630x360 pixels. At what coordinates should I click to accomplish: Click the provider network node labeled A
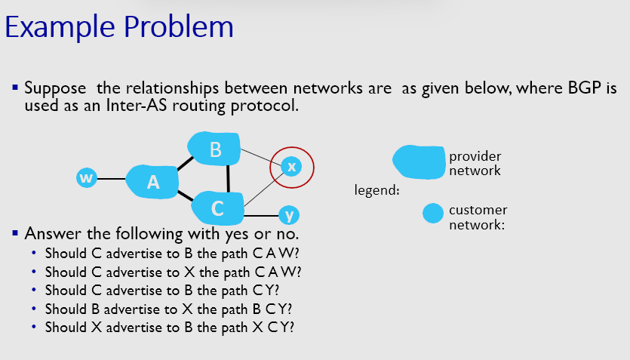click(x=152, y=181)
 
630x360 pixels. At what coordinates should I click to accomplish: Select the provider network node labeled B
click(x=215, y=149)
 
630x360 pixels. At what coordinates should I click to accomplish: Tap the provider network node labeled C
click(x=217, y=206)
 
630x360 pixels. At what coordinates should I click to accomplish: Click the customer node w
click(x=87, y=178)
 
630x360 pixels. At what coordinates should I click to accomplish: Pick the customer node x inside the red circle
click(x=291, y=166)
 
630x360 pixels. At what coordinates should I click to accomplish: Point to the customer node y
click(x=288, y=215)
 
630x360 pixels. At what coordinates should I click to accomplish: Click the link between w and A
click(x=112, y=179)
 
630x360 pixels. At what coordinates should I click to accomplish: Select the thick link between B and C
click(x=228, y=178)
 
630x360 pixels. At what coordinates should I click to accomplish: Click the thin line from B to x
click(x=260, y=158)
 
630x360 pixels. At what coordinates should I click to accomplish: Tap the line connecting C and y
click(x=261, y=214)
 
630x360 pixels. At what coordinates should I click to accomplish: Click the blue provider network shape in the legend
click(x=418, y=162)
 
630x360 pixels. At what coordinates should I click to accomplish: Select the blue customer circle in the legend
click(x=432, y=214)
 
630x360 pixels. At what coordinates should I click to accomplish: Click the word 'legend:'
click(x=376, y=190)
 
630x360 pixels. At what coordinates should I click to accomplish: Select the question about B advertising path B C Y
click(x=168, y=309)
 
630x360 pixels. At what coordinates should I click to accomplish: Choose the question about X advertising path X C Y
click(x=169, y=328)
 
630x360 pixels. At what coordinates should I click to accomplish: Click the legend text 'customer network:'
click(x=478, y=217)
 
